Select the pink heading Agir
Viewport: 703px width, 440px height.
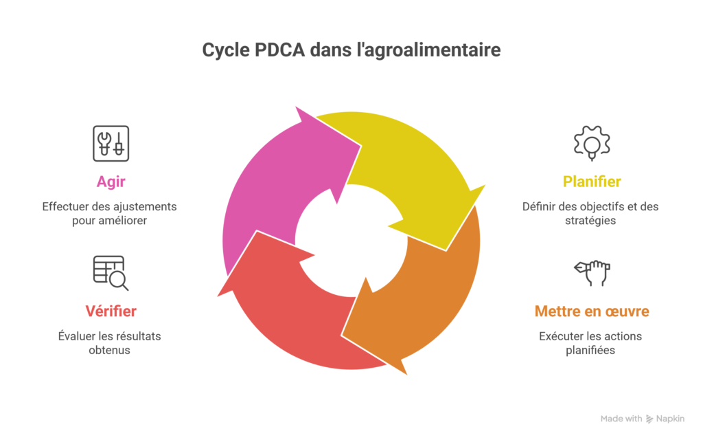(111, 181)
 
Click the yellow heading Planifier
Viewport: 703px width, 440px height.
(592, 181)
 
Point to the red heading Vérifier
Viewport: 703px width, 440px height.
(111, 311)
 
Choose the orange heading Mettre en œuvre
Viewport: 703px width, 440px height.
(592, 311)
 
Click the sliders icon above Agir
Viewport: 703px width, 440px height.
(111, 143)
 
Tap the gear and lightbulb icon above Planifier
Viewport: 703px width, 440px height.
(592, 143)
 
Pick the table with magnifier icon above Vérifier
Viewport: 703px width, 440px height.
(111, 272)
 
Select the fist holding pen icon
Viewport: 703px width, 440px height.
(592, 272)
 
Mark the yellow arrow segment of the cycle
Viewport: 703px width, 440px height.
(412, 172)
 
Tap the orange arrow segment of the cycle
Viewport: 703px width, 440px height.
(426, 302)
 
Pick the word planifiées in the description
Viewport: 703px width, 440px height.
(591, 350)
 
